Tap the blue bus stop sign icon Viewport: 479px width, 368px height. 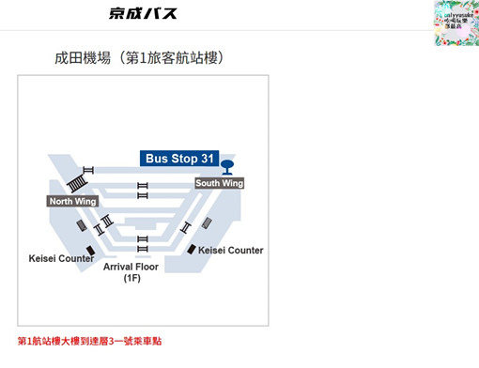(226, 168)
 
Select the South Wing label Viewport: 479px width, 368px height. (219, 183)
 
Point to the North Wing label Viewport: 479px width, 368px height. (72, 201)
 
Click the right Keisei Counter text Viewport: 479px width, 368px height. (231, 250)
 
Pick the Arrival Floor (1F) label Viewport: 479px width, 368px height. (131, 267)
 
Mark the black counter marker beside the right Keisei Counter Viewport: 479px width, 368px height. (192, 249)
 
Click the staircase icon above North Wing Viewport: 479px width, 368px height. (87, 173)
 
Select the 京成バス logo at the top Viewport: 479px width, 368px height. (142, 14)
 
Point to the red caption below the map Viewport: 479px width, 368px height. (83, 340)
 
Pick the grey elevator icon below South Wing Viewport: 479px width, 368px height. (204, 223)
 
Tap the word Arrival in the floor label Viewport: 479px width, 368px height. (117, 267)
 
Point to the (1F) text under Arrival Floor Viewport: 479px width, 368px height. (131, 279)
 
